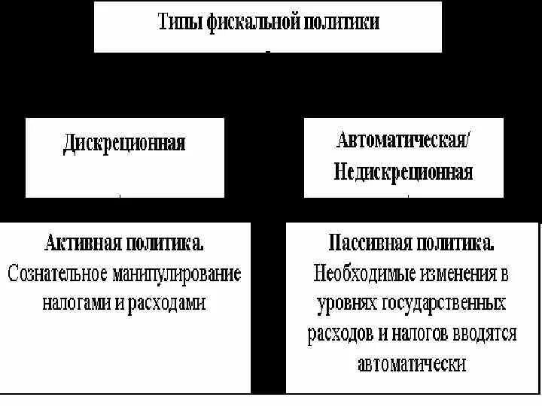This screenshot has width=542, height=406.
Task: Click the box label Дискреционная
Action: (124, 143)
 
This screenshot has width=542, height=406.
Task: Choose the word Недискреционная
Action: (403, 173)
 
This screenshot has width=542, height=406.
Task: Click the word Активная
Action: (81, 243)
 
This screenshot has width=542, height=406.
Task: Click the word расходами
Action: (166, 302)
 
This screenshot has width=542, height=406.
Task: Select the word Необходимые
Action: (360, 274)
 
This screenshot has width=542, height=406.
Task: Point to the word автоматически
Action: (413, 364)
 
